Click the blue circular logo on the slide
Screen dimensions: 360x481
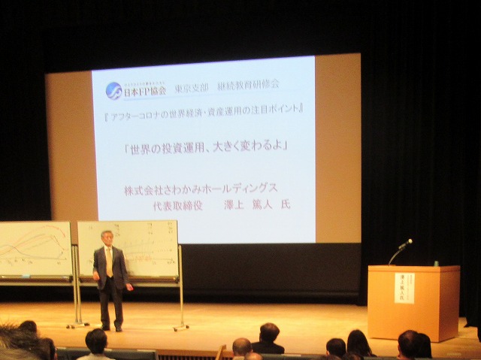[113, 91]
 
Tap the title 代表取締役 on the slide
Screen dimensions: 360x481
[177, 204]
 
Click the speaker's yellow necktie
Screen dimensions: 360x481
[109, 262]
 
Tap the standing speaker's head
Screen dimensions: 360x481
[107, 238]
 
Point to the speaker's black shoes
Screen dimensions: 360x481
[111, 328]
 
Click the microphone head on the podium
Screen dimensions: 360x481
[407, 243]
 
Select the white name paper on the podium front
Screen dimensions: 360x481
[404, 288]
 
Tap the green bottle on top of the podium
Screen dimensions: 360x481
[435, 263]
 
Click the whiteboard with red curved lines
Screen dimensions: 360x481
[34, 248]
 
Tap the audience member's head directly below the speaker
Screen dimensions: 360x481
[95, 342]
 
